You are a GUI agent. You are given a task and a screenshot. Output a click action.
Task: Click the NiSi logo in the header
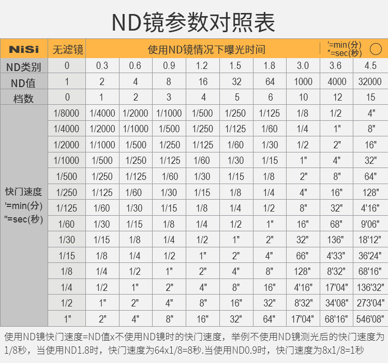[24, 50]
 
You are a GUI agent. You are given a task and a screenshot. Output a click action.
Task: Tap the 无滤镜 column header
[67, 50]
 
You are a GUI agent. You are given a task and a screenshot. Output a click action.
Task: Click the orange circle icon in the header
[376, 49]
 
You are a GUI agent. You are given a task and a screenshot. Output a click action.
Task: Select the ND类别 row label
[24, 66]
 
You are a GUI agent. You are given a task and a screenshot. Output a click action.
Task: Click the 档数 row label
[24, 97]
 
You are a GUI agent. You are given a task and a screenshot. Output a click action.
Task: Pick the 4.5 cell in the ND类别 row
[370, 66]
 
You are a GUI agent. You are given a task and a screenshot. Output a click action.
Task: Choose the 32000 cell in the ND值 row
[370, 81]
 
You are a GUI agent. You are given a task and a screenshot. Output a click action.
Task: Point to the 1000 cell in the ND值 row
[303, 81]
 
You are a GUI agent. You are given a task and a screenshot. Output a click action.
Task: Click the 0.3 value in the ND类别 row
[102, 66]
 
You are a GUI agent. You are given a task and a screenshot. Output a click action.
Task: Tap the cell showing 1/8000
[67, 113]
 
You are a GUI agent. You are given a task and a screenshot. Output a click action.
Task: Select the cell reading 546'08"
[370, 318]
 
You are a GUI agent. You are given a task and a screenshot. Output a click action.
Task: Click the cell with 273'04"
[370, 302]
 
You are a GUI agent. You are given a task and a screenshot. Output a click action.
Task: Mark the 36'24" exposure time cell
[370, 255]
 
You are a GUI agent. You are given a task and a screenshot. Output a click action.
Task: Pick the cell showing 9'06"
[370, 224]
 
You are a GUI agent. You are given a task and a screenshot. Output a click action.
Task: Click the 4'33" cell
[337, 255]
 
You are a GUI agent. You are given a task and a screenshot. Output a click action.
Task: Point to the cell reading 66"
[303, 255]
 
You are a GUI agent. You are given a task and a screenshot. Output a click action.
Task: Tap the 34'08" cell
[337, 302]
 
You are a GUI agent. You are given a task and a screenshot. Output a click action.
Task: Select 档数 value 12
[337, 97]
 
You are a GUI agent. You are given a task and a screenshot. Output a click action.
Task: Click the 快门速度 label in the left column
[24, 192]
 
